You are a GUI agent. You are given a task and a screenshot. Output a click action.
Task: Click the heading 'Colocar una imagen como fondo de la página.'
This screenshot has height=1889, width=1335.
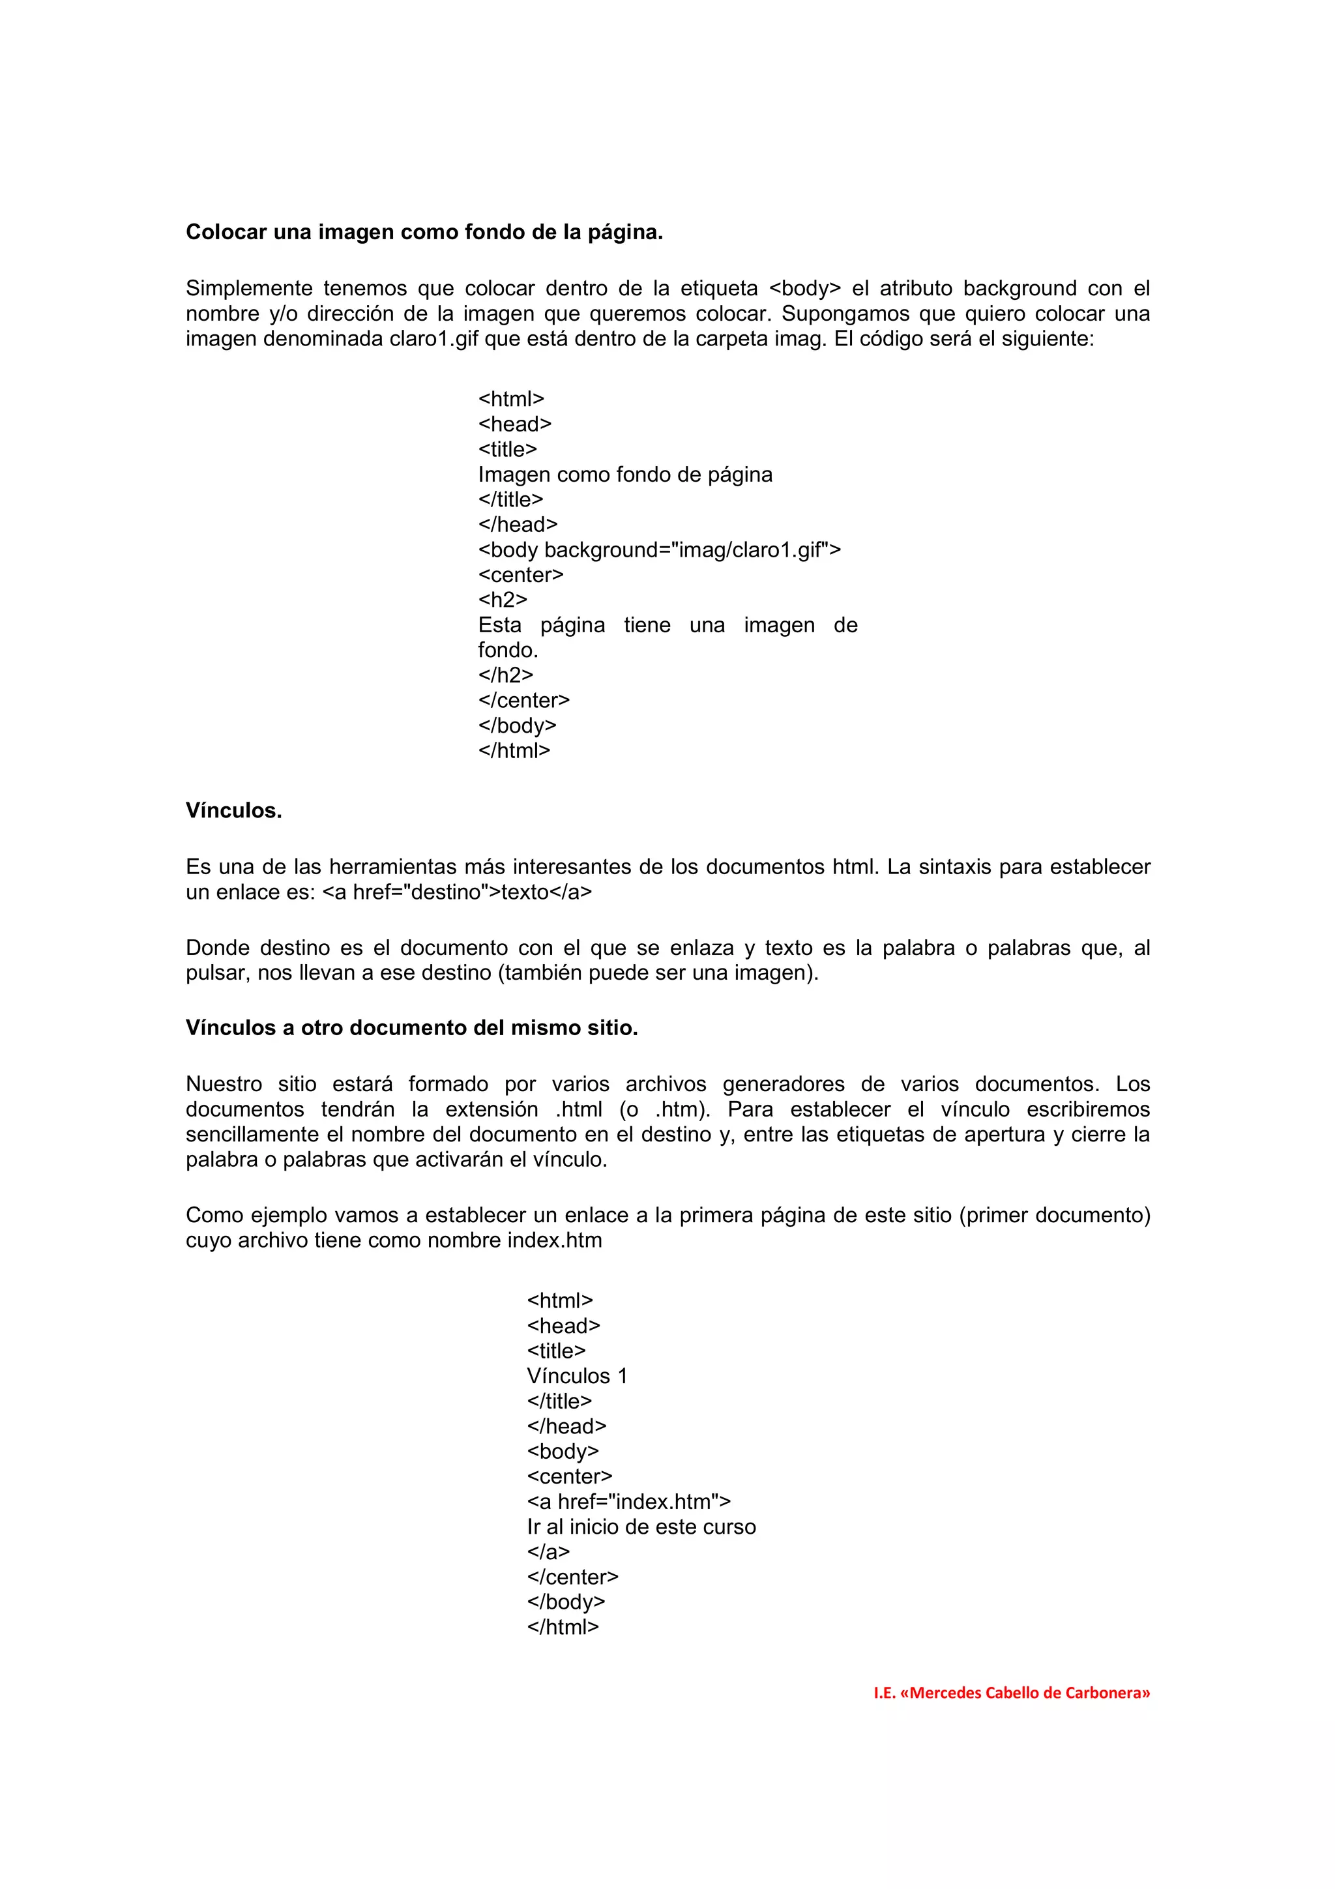(x=424, y=233)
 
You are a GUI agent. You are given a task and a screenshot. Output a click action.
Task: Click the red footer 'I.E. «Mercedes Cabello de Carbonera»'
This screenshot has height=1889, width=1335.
(x=1011, y=1692)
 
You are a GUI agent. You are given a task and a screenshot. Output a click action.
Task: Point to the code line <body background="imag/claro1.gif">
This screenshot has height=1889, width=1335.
(x=659, y=549)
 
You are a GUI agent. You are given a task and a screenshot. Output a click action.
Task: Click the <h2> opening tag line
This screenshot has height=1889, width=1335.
(x=503, y=600)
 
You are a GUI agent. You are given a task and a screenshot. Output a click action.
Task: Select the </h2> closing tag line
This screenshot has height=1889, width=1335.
(x=505, y=675)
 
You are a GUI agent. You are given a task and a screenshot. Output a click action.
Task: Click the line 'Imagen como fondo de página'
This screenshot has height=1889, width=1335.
(x=625, y=475)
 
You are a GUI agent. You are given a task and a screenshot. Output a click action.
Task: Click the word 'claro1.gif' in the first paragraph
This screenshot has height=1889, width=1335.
(x=433, y=339)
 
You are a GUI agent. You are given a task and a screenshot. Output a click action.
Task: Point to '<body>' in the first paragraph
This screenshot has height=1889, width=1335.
(x=804, y=289)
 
